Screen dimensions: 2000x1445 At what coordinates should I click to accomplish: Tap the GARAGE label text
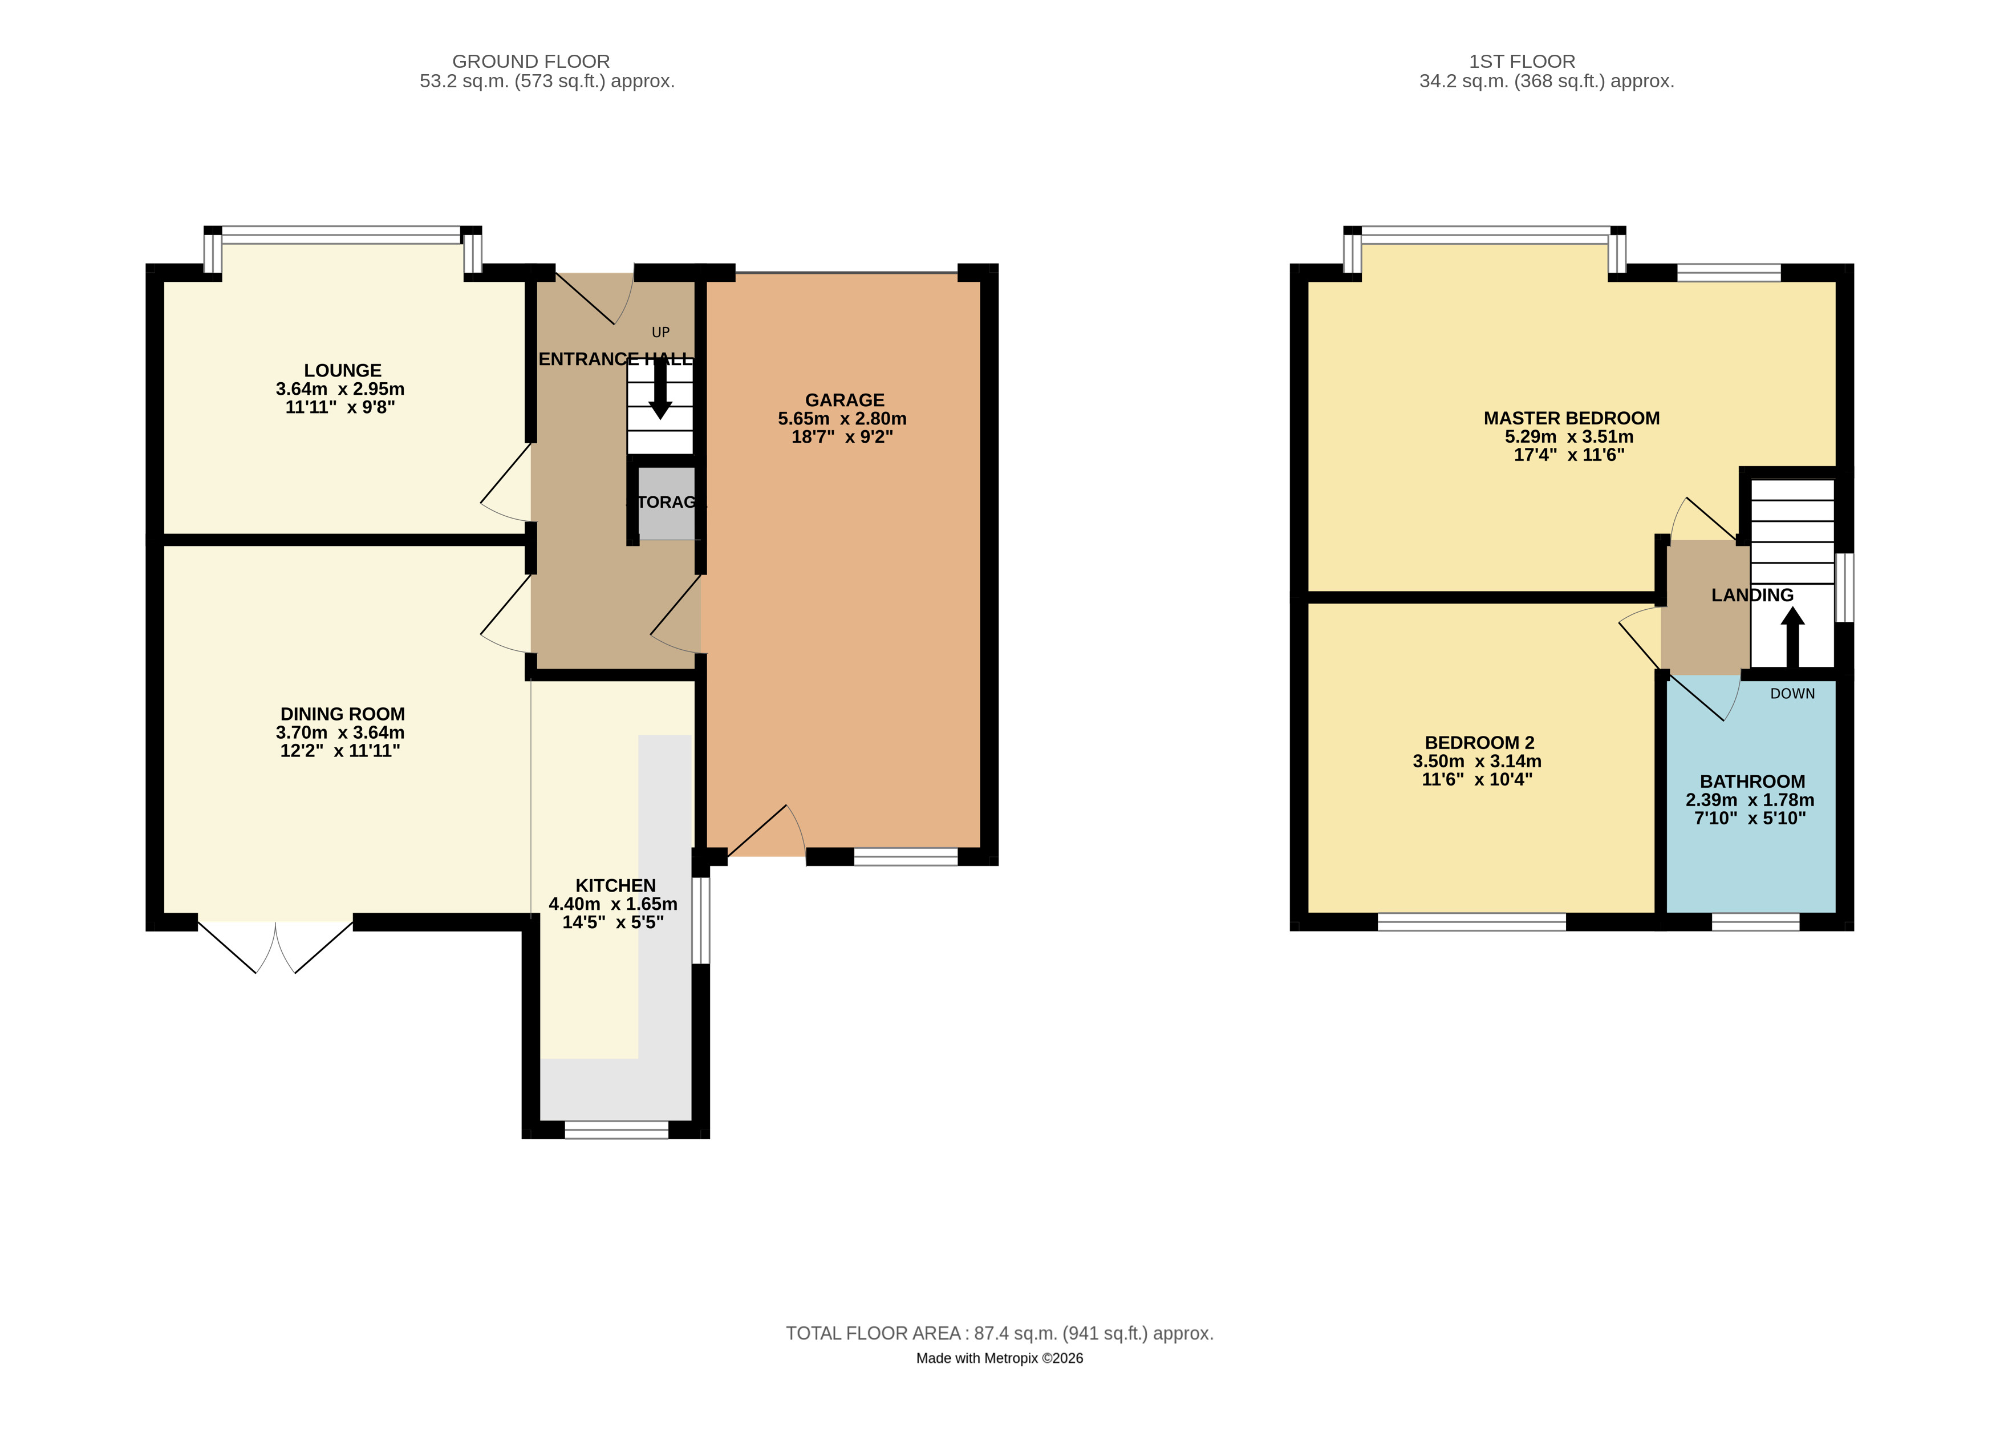coord(844,400)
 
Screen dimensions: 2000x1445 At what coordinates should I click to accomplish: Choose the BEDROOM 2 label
coord(1479,743)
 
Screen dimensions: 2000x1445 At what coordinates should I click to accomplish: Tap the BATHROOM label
coord(1751,782)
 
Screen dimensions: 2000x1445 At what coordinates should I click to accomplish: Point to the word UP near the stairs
coord(660,333)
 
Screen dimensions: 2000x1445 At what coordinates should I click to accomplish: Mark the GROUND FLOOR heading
coord(531,62)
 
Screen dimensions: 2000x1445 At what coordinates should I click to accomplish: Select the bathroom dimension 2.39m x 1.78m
coord(1750,800)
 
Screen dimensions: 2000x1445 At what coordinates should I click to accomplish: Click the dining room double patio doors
coord(275,946)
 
